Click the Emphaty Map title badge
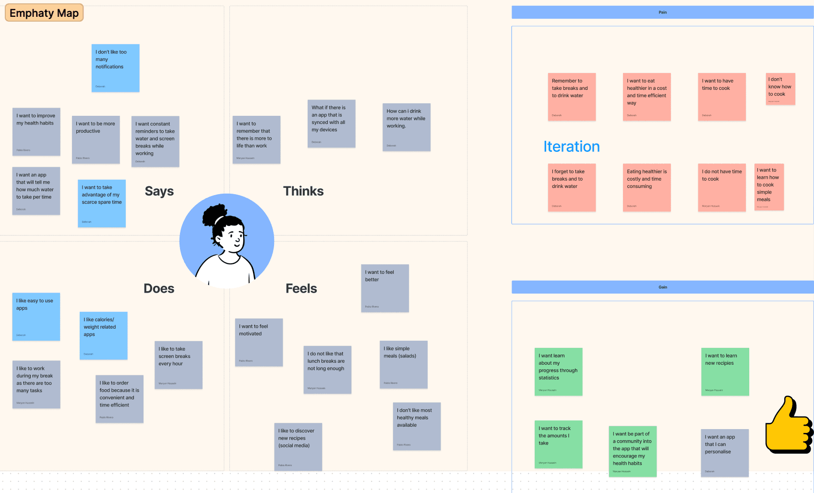(44, 13)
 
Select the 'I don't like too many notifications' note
(115, 68)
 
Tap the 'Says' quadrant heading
(159, 191)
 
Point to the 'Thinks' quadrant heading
(303, 191)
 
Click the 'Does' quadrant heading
(159, 288)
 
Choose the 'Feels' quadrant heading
(301, 288)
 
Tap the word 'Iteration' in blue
(571, 147)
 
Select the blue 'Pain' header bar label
(662, 12)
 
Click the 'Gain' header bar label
(662, 287)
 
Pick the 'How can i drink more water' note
(406, 127)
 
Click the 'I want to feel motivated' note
(259, 342)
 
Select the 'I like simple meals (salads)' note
(403, 364)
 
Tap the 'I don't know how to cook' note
(780, 88)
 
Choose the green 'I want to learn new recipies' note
(725, 371)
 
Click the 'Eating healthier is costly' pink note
(646, 187)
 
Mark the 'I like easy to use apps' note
(36, 316)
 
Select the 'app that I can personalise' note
(724, 453)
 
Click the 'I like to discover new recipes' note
(298, 446)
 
